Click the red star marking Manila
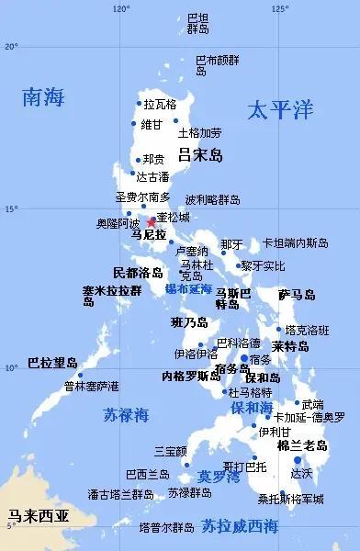[152, 222]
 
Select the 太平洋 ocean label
[280, 111]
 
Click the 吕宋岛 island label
[200, 154]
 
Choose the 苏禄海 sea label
[126, 415]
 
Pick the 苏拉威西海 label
[240, 526]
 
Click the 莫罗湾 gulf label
[219, 477]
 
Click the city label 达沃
[301, 474]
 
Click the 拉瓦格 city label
[160, 105]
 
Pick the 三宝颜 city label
[171, 451]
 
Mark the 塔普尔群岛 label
[166, 528]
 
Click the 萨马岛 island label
[297, 295]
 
